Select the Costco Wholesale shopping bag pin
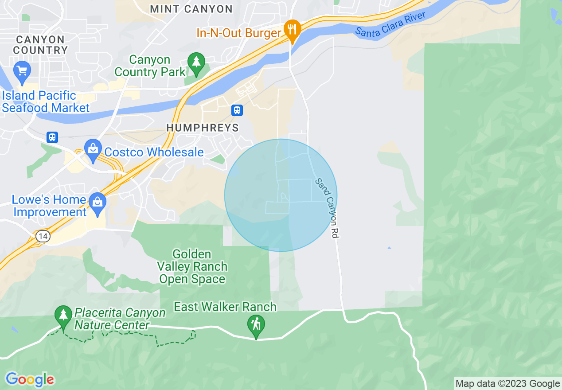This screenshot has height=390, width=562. coord(93,150)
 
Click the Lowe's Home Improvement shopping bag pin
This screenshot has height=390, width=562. coord(97,203)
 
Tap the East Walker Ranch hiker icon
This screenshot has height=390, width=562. coord(256,325)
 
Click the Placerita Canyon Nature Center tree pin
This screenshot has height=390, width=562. coord(63,316)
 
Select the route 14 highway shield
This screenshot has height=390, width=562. coord(43,237)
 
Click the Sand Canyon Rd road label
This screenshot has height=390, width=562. coord(327,209)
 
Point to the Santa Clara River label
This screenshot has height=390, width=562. coord(390,25)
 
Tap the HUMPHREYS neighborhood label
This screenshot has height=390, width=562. coord(203,128)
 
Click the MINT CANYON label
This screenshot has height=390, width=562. coord(191,9)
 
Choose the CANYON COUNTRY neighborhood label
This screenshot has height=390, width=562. coord(40,45)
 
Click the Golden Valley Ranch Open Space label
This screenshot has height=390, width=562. coord(192,267)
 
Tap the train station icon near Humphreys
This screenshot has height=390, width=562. coord(237,110)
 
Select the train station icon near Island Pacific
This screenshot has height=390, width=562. coord(52,137)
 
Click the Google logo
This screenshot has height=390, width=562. coord(30,379)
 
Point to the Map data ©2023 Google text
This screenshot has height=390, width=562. coord(508,384)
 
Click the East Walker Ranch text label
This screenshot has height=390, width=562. coord(225,307)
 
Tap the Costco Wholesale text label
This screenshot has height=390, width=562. coord(154,152)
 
